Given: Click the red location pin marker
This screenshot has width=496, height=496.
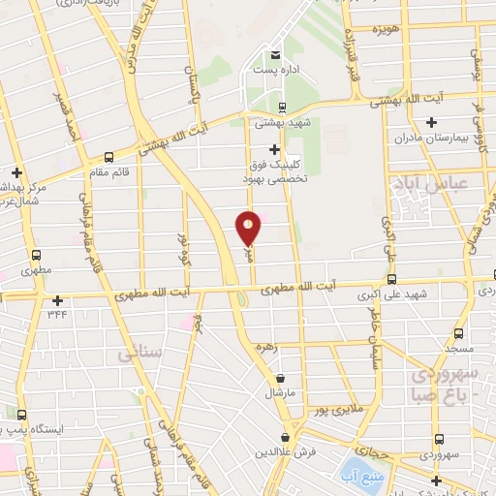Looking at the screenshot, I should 249,228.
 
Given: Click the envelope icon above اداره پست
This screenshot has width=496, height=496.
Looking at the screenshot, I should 277,54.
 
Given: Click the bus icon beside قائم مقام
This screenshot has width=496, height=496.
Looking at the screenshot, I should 108,155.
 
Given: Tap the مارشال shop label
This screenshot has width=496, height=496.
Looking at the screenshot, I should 281,395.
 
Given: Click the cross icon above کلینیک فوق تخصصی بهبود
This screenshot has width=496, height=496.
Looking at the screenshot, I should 275,149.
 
